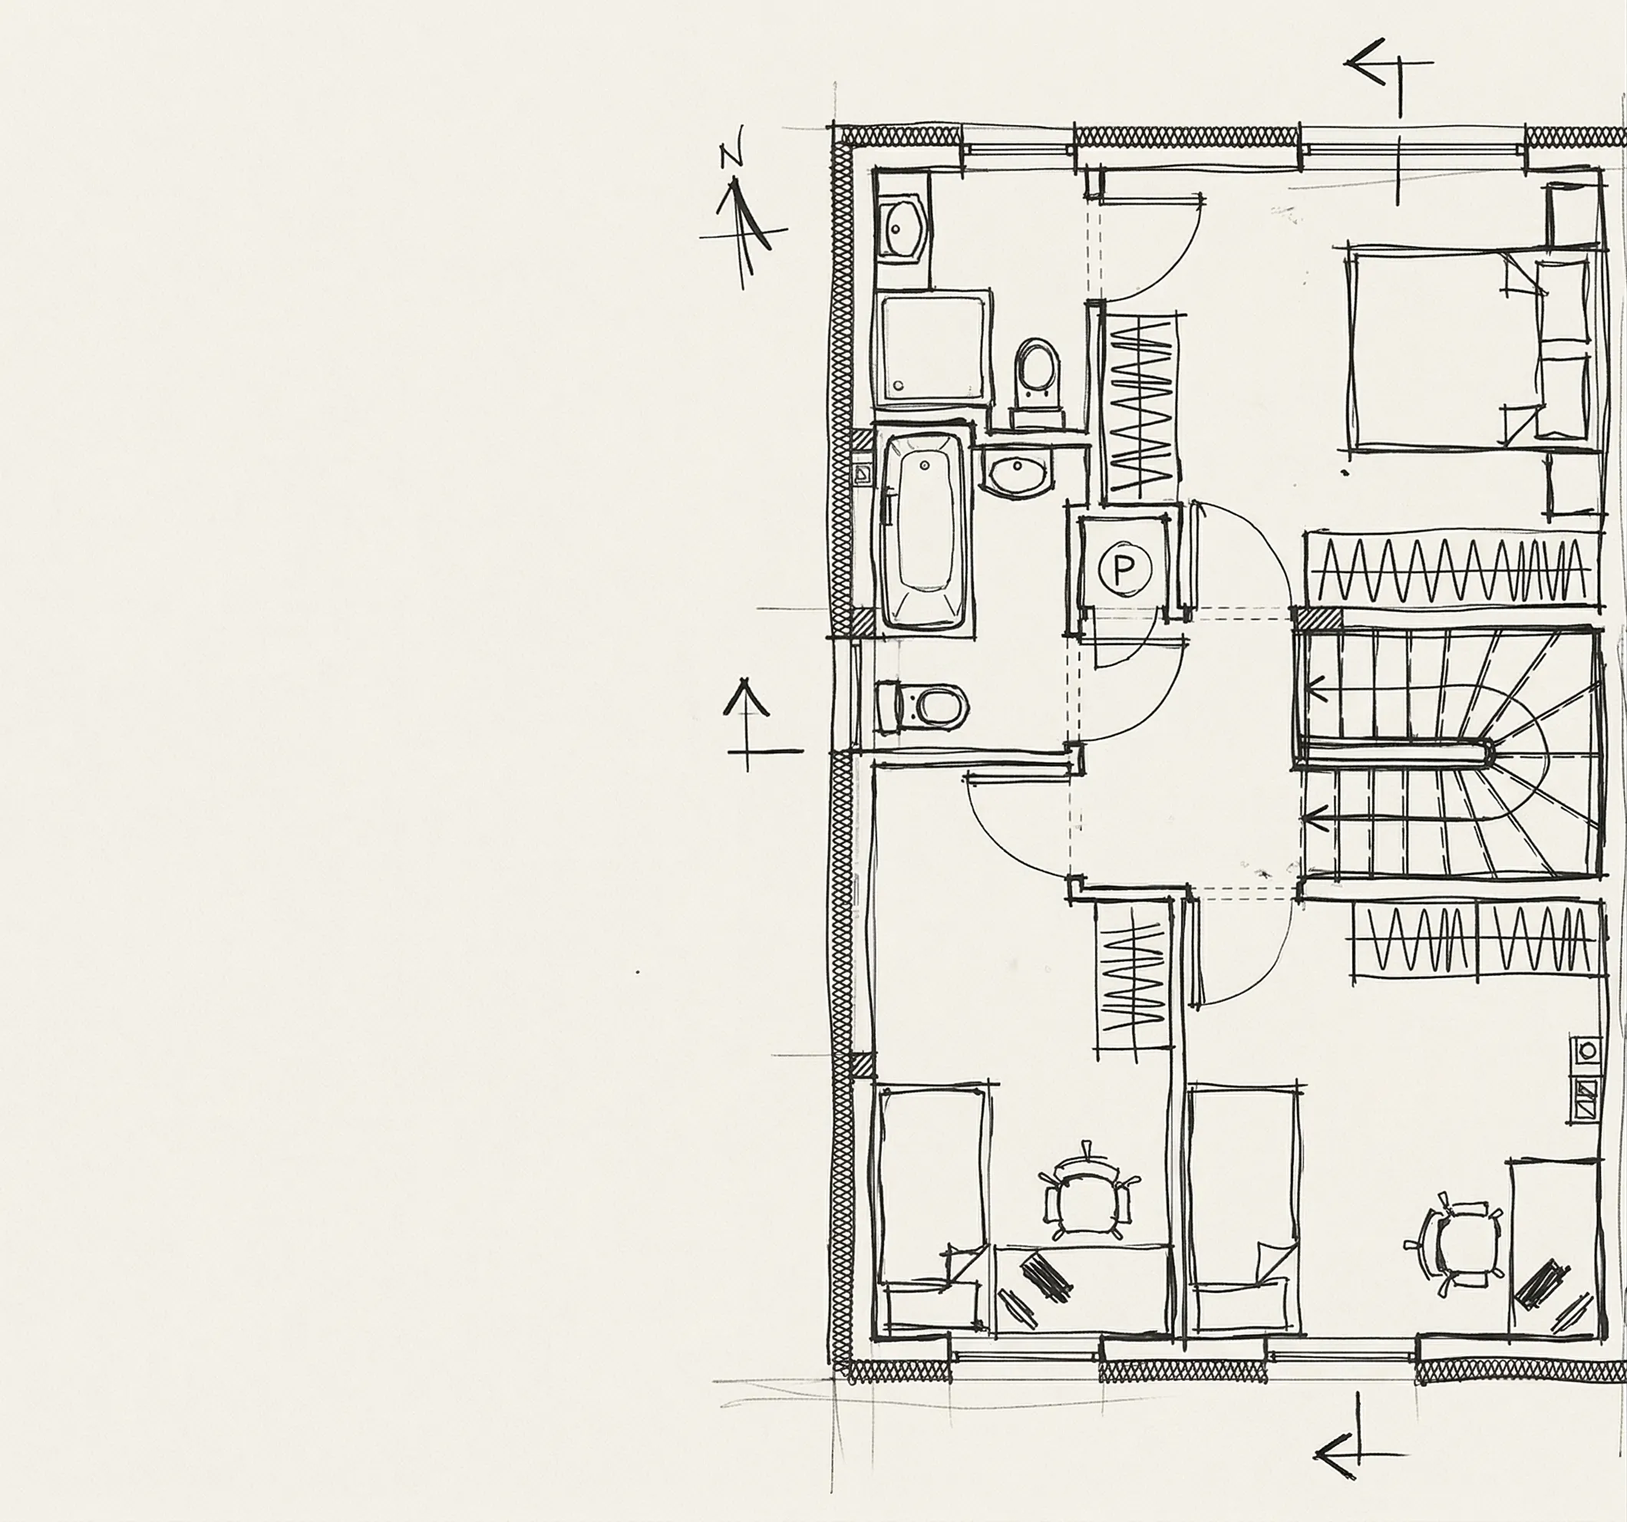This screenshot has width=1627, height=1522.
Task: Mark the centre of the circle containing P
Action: coord(1124,566)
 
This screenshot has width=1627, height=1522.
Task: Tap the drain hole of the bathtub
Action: coord(924,465)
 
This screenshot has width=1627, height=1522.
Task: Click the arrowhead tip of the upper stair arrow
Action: coord(1309,686)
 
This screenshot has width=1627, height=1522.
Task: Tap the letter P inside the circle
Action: coord(1124,566)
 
